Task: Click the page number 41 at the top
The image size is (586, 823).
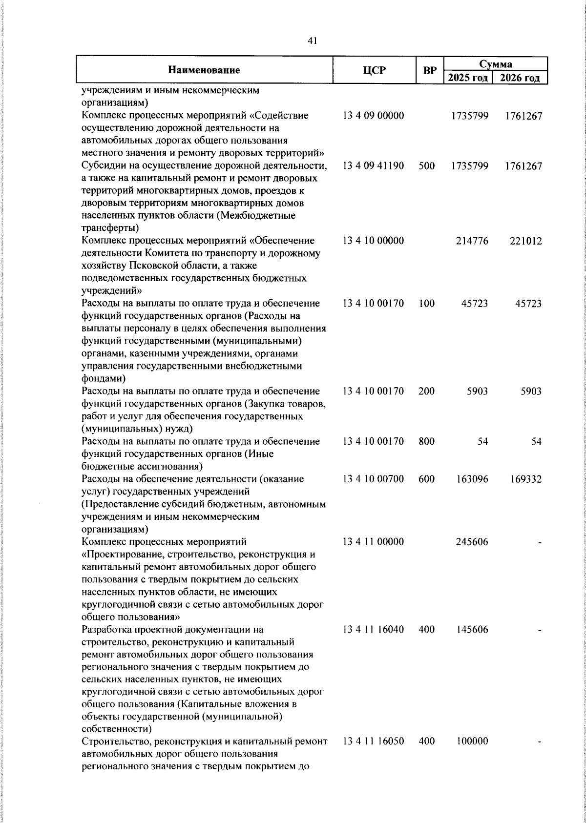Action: (x=313, y=41)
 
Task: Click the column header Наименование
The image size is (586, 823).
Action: (x=204, y=70)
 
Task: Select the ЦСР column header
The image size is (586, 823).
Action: (x=374, y=70)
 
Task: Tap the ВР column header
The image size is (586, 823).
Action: (x=430, y=70)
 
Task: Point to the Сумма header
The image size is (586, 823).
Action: (x=495, y=64)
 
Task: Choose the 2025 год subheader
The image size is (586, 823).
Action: (x=468, y=78)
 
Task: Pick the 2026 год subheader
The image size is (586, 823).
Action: (x=521, y=78)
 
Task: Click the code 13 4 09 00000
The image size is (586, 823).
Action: (x=374, y=116)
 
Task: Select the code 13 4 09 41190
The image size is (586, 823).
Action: (x=374, y=166)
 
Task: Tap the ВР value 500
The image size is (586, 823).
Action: (x=427, y=166)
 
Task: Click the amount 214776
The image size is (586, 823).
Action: (x=472, y=241)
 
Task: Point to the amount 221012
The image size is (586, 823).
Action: (x=525, y=241)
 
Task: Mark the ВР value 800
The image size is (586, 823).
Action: (x=427, y=441)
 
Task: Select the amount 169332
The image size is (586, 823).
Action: (x=525, y=479)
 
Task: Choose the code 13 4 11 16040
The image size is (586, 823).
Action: (x=374, y=630)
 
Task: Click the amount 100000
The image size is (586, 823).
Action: (x=472, y=741)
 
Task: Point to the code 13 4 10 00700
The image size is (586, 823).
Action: (x=374, y=479)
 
